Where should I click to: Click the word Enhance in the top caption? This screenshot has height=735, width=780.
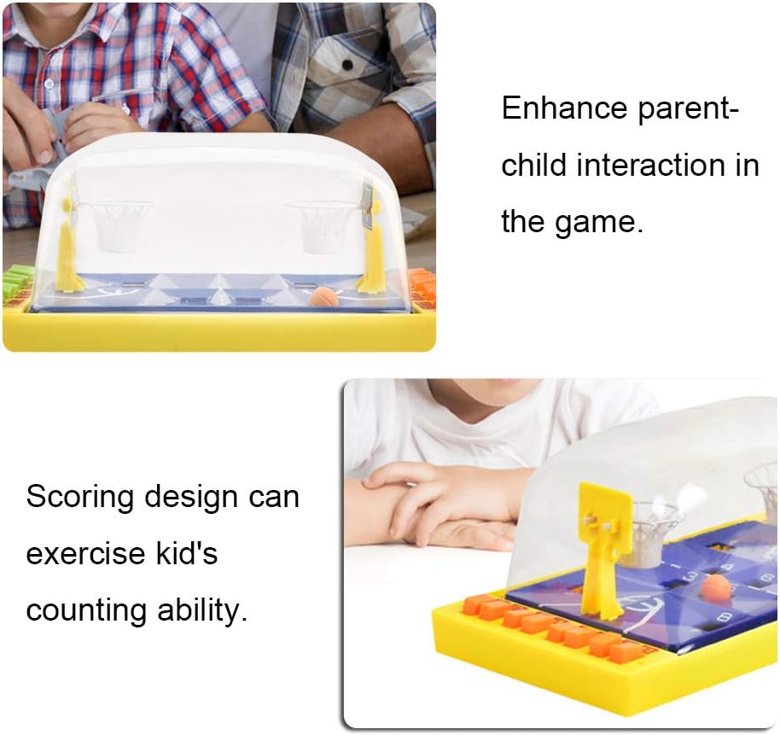564,108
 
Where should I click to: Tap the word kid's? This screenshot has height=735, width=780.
186,553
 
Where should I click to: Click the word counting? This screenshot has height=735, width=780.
86,611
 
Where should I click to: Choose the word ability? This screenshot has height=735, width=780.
202,611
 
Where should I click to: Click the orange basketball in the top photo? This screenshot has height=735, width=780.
323,298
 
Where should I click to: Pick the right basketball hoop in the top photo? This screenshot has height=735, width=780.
323,225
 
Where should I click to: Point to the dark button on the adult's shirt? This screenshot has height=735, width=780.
347,64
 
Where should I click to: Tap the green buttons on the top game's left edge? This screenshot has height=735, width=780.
17,281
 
